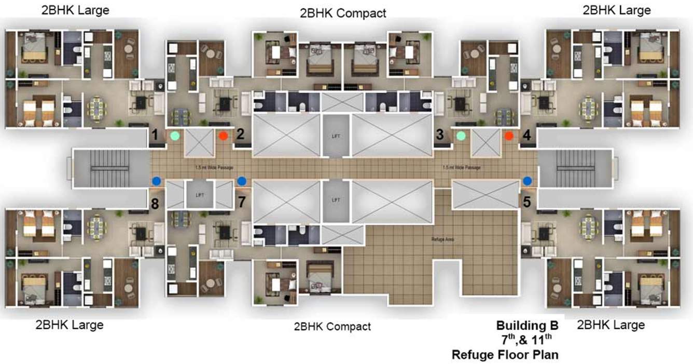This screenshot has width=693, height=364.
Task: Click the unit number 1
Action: pos(155,135)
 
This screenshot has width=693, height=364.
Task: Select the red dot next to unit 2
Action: pos(223,136)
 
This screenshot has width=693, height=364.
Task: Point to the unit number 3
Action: pos(440,135)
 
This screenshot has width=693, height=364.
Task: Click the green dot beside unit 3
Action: pos(461,136)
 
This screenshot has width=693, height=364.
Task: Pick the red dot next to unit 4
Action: pos(509,136)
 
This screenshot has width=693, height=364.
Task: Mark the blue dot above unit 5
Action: pos(528,181)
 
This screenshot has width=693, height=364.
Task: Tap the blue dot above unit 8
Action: pos(156,181)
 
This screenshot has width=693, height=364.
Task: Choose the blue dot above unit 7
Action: pos(241,181)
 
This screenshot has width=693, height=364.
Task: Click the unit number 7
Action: pos(241,201)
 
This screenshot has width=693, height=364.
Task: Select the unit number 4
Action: pos(527,135)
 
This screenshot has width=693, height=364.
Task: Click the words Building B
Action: pos(527,326)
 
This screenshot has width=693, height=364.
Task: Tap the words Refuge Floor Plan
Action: pos(505,355)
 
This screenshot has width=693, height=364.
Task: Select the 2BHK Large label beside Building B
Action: pos(611,325)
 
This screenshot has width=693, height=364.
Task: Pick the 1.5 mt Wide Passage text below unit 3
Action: pos(462,168)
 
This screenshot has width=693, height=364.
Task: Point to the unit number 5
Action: pos(527,201)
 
